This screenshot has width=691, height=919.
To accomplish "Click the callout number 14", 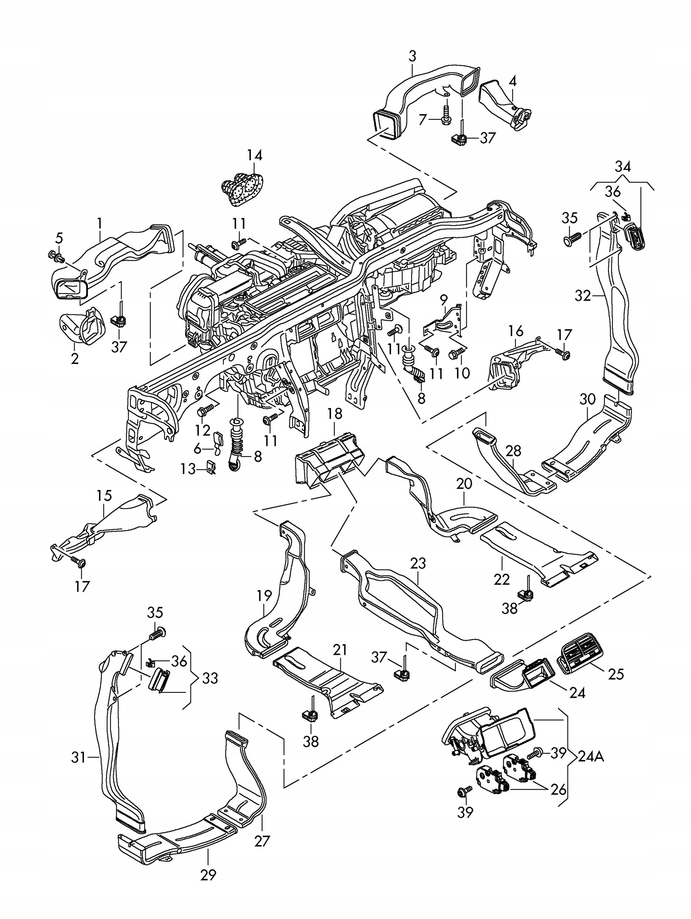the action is [x=255, y=156].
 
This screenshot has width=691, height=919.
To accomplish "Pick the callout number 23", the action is [x=418, y=563].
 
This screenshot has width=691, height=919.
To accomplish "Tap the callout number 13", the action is [x=187, y=469].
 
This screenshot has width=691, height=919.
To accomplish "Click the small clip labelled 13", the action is [x=211, y=467].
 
